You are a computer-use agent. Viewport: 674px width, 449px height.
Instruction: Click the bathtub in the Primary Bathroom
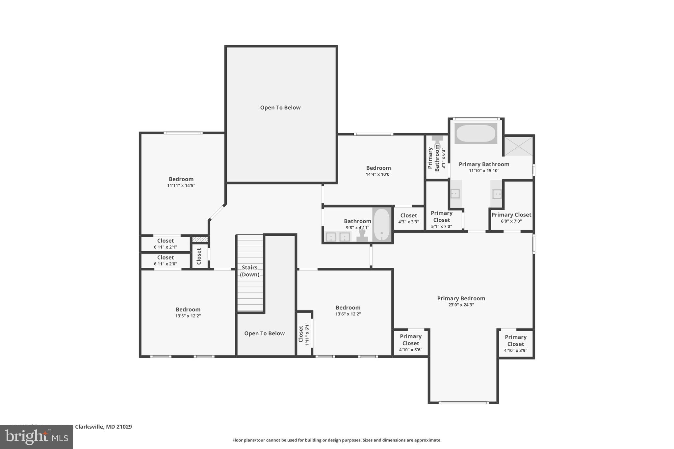(x=476, y=133)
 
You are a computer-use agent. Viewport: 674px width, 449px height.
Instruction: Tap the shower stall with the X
(x=518, y=146)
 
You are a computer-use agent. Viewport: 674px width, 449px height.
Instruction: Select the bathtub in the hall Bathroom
(x=382, y=225)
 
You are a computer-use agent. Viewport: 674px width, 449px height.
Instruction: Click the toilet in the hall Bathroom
(x=362, y=235)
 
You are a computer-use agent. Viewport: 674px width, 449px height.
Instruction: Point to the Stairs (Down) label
(x=249, y=271)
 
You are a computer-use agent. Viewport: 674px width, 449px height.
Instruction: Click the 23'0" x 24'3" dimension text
(x=461, y=305)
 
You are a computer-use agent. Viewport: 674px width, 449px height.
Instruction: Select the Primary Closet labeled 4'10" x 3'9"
(x=515, y=343)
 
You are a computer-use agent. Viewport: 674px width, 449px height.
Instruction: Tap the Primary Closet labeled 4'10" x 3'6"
(x=410, y=343)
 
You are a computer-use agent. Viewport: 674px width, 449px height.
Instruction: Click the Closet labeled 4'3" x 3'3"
(x=408, y=218)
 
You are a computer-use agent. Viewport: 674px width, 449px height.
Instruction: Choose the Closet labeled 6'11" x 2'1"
(x=165, y=243)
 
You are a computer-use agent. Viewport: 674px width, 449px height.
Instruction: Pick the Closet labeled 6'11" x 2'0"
(x=165, y=260)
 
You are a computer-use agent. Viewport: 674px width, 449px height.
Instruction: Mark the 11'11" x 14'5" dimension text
(x=181, y=186)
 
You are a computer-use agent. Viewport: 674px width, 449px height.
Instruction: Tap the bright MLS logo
(x=36, y=437)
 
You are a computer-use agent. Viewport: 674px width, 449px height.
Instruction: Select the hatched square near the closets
(x=200, y=239)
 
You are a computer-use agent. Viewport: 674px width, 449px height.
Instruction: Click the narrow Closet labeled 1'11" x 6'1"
(x=304, y=334)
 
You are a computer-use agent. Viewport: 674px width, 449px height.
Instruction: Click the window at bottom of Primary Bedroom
(x=463, y=403)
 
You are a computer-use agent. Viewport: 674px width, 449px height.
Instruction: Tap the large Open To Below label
(x=280, y=108)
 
